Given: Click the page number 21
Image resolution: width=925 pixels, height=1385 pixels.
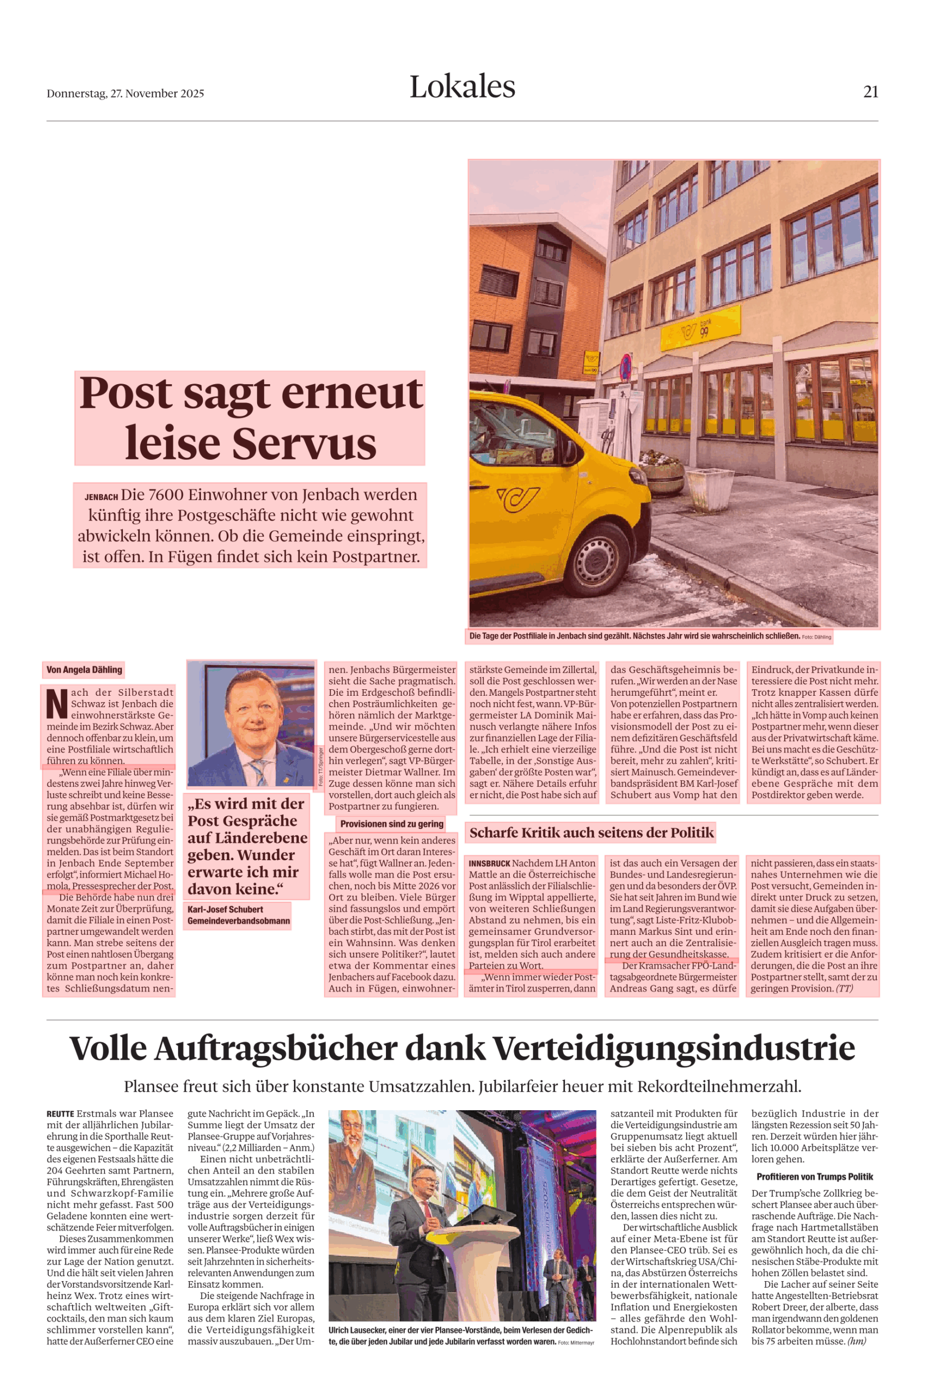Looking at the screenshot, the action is click(870, 92).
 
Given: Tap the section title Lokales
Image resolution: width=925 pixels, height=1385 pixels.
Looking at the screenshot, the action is click(462, 87).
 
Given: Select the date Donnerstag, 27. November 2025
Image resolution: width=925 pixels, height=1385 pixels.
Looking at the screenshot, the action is click(125, 94).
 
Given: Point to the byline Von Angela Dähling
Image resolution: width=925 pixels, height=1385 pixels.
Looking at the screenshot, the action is click(84, 670).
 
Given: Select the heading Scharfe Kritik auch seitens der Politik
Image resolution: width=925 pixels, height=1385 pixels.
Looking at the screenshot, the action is click(591, 833).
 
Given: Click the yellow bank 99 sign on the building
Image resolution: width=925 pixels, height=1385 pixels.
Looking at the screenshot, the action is click(700, 328).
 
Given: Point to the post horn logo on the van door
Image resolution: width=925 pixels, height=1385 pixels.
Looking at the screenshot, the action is click(517, 499).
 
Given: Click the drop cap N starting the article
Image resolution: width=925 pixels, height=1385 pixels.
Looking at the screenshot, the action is click(57, 703).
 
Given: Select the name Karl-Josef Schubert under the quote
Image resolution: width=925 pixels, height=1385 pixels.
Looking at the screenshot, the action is click(225, 909).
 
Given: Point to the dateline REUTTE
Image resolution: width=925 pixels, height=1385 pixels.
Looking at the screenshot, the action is click(60, 1114).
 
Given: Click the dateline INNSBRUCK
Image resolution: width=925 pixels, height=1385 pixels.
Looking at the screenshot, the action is click(489, 863).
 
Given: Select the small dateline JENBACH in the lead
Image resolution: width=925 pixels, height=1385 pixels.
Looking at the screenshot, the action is click(101, 497).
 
